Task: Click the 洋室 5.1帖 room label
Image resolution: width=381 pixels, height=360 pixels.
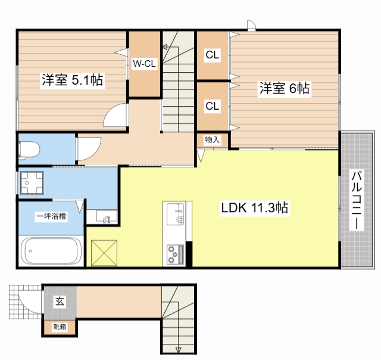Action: point(73,79)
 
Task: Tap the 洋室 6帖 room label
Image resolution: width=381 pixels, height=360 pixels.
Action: point(285,88)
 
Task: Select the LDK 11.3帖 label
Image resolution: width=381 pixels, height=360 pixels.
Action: point(255,207)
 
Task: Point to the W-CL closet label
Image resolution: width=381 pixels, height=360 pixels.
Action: point(144,64)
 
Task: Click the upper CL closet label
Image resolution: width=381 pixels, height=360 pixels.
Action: point(213,55)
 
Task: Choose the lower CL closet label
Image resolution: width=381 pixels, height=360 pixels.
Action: point(213,106)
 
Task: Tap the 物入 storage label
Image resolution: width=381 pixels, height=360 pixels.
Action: point(213,140)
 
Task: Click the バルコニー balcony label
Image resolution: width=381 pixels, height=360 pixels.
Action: point(357,200)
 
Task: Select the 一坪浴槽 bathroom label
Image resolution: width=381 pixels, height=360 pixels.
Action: point(51,216)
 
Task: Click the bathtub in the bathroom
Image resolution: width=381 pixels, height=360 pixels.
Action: point(51,251)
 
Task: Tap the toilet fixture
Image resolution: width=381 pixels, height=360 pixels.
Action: point(29,150)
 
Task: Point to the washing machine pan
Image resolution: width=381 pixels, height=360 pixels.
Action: point(32,183)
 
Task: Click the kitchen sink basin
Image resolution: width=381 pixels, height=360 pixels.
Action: point(176,214)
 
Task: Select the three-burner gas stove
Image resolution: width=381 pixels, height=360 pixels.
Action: point(175,255)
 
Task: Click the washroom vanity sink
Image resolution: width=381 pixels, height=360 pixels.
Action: point(107,216)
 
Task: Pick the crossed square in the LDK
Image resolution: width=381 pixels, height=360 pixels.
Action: point(104,253)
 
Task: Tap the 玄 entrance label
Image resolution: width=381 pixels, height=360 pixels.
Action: point(60,302)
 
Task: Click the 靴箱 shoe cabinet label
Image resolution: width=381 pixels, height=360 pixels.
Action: point(60,327)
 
